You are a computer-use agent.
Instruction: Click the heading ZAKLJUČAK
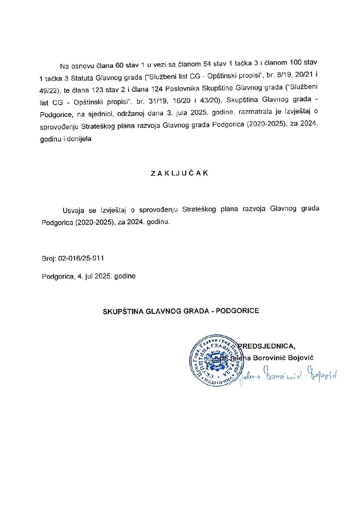[179, 173]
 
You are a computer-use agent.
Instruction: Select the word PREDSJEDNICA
[266, 346]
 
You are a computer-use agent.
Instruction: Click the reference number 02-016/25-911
[81, 258]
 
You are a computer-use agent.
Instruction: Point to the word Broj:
[49, 259]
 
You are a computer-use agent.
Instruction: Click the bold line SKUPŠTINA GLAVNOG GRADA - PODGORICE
[181, 311]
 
